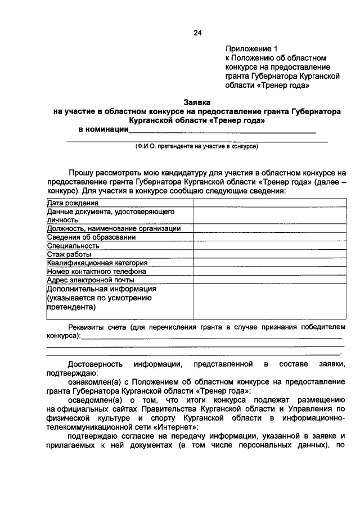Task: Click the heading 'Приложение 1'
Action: (x=251, y=48)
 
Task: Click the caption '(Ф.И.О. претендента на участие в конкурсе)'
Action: (x=196, y=146)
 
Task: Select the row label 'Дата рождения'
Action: (x=73, y=203)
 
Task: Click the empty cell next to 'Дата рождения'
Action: (x=269, y=203)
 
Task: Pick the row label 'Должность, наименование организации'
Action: (x=114, y=228)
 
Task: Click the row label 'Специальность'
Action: (x=73, y=245)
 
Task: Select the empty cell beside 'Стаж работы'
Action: (x=269, y=254)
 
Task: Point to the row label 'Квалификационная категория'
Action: (x=97, y=263)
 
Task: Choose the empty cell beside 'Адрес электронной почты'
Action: (x=269, y=280)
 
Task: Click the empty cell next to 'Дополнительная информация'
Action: (x=269, y=301)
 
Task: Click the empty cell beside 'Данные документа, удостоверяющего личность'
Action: (x=269, y=215)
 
